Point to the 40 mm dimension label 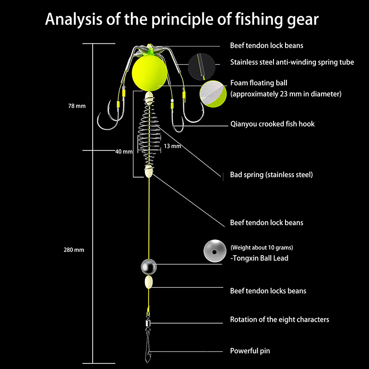(124, 151)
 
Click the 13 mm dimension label (173, 146)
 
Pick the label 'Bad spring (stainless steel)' (271, 175)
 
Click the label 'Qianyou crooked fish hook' (272, 124)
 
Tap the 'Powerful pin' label (250, 351)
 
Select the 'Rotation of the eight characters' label (280, 320)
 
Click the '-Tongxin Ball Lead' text (259, 258)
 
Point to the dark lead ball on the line (149, 267)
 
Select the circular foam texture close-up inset (213, 93)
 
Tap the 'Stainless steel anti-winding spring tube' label (292, 62)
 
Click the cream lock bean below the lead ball (149, 282)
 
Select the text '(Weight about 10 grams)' (262, 248)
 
